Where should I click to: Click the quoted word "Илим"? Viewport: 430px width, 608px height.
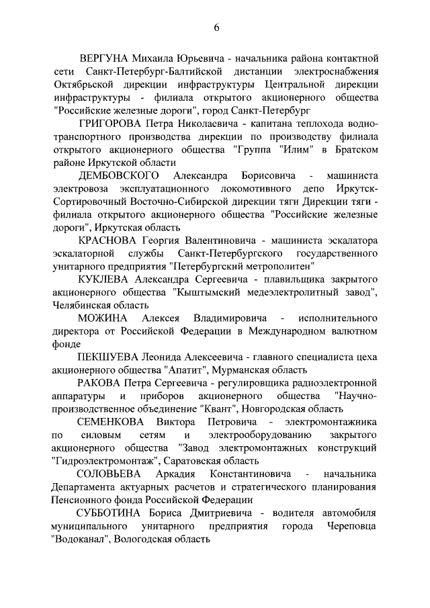pos(281,150)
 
